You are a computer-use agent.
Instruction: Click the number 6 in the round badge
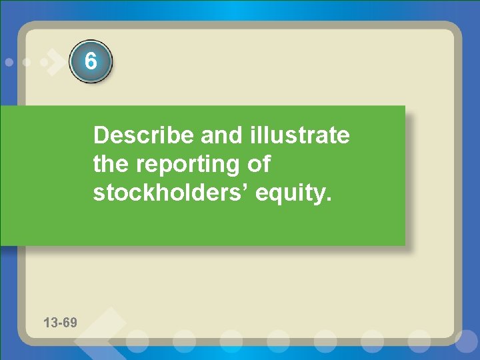tap(91, 62)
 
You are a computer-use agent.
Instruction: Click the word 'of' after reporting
tap(259, 164)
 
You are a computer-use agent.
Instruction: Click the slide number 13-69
tap(60, 323)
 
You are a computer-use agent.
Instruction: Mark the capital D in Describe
tap(101, 136)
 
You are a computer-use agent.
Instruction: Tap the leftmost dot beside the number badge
tap(9, 62)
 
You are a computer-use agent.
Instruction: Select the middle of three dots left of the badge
tap(27, 62)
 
